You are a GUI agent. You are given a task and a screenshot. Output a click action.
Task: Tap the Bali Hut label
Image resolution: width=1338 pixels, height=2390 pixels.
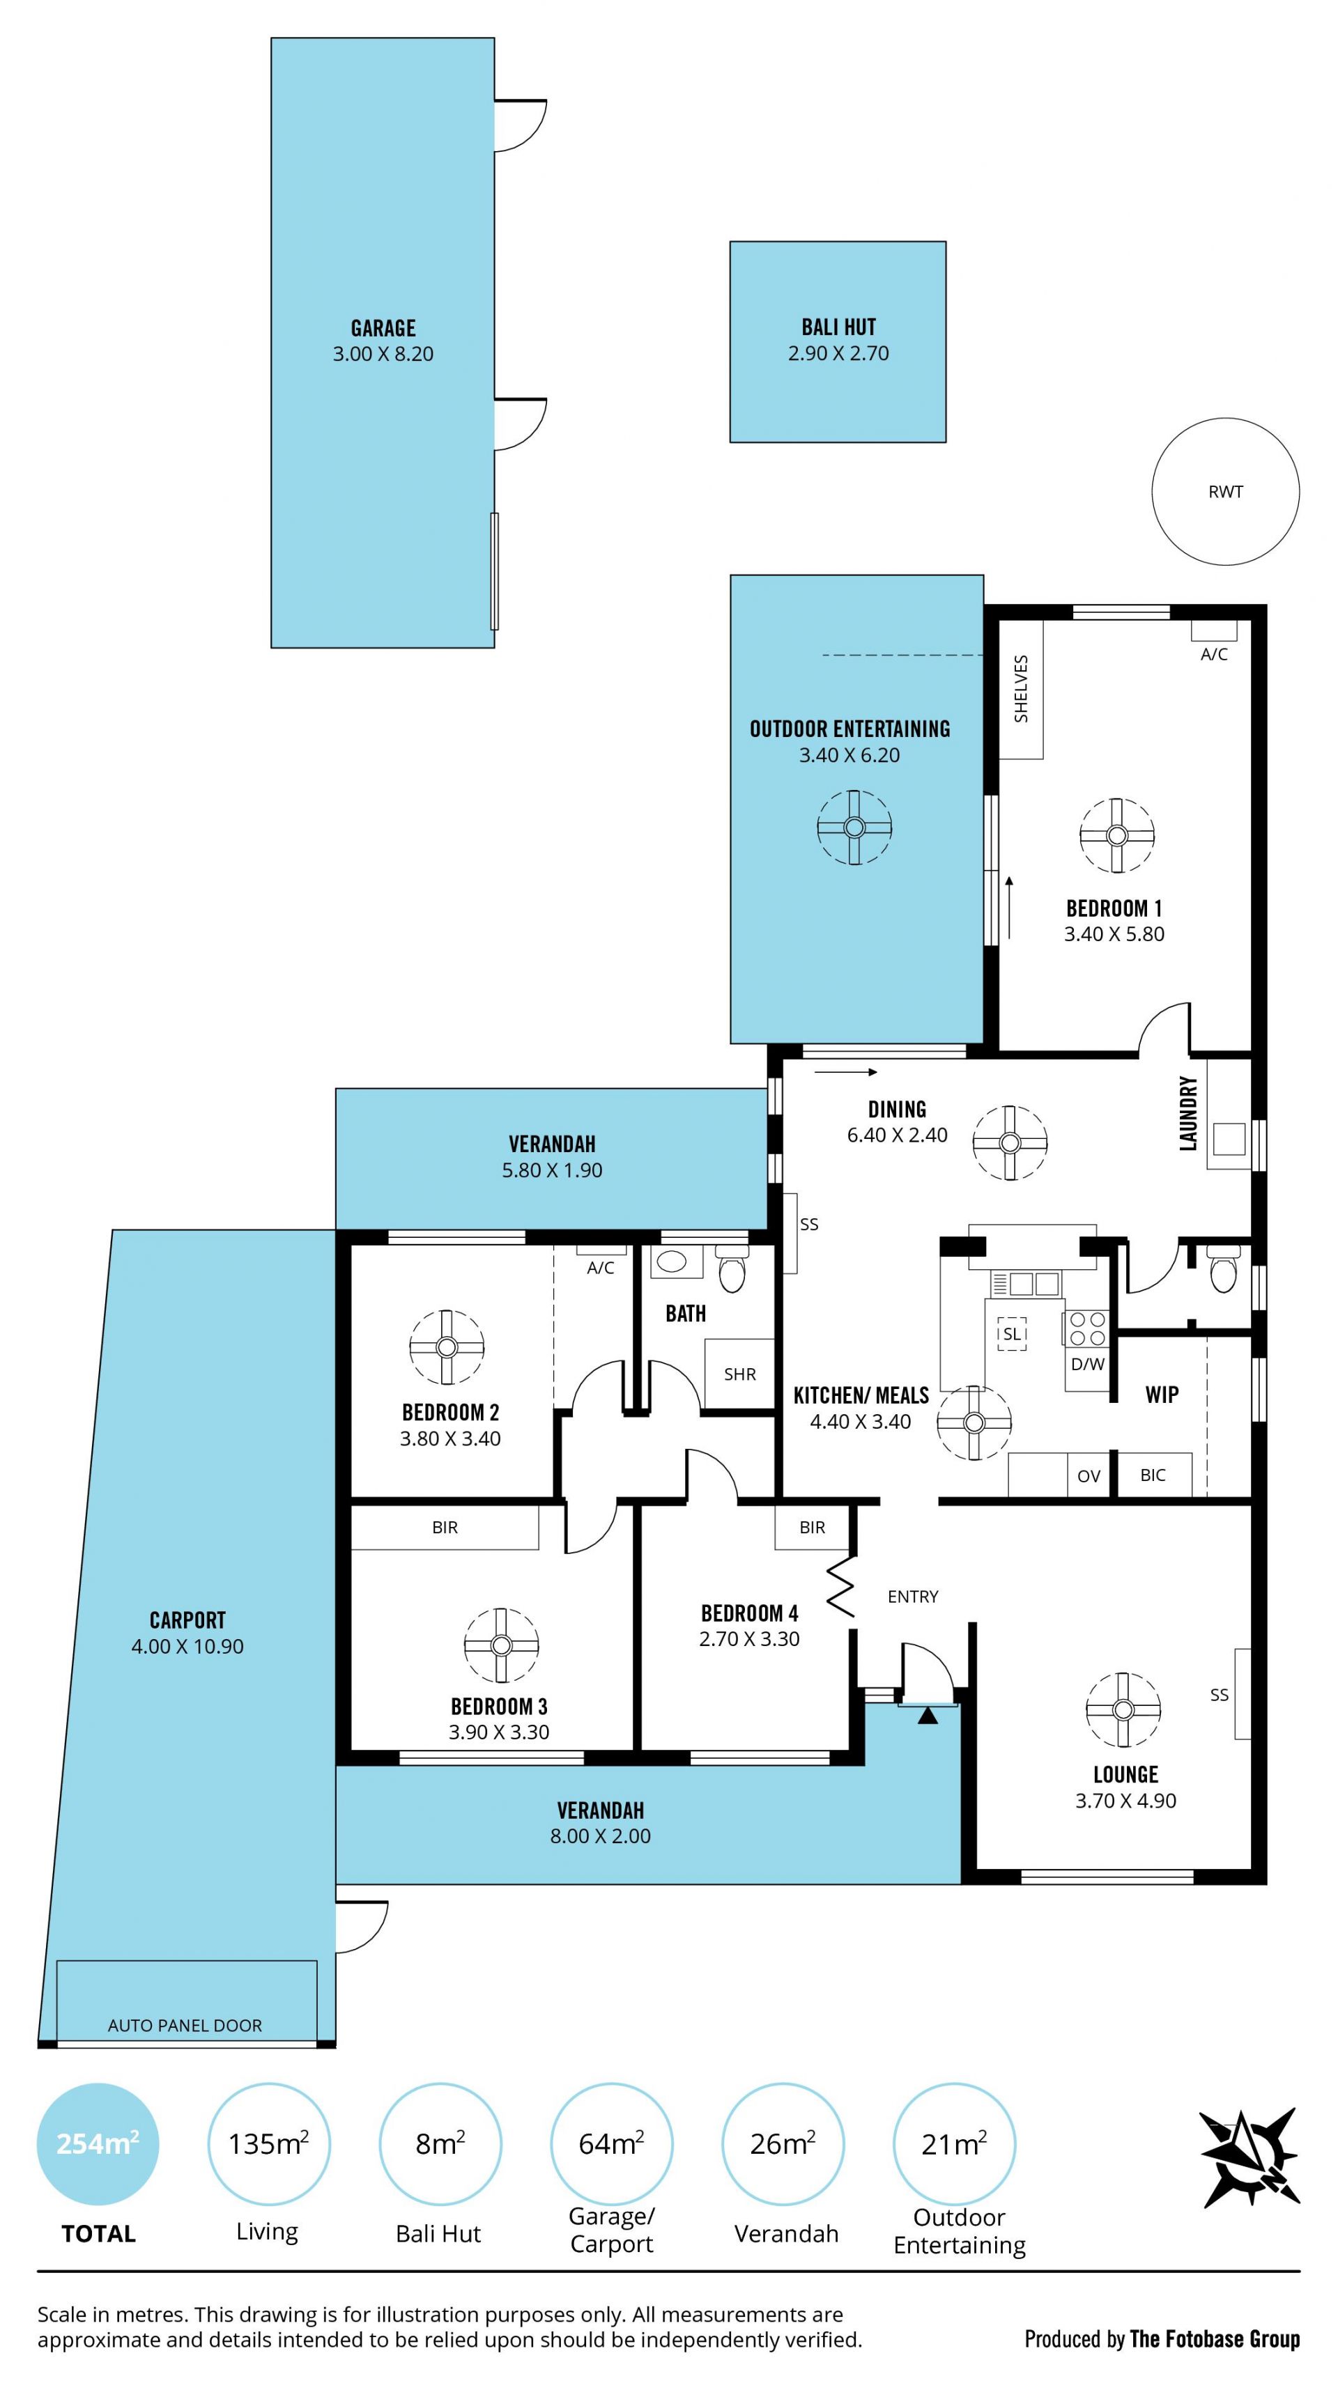[838, 327]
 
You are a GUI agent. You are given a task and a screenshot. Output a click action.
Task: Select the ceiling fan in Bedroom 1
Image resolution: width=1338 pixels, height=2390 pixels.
[1116, 835]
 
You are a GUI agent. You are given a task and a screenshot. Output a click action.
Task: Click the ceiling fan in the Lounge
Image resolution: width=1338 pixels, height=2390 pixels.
[1123, 1710]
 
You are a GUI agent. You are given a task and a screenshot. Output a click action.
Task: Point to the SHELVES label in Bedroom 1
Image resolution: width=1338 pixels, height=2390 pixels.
[1021, 688]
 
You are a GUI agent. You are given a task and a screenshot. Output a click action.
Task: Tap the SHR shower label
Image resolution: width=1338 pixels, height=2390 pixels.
[739, 1374]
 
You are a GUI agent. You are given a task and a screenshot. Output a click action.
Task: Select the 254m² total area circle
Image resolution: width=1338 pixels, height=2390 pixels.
[98, 2143]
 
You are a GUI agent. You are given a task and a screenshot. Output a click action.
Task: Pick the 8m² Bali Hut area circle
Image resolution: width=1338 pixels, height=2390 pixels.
[440, 2143]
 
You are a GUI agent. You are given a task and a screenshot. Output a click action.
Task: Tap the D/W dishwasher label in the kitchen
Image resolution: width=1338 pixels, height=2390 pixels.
[1087, 1364]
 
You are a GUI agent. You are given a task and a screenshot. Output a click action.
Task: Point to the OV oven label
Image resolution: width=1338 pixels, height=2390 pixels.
[1089, 1476]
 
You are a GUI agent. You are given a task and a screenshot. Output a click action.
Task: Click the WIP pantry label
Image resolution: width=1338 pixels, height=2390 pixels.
[1162, 1394]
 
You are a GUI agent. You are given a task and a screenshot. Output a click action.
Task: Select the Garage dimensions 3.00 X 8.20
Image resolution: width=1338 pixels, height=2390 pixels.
[383, 353]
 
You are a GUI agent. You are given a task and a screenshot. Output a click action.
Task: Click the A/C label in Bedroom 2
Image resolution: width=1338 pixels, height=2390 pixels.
[600, 1267]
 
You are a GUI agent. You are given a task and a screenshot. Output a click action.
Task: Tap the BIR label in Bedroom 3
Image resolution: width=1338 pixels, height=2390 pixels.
[445, 1527]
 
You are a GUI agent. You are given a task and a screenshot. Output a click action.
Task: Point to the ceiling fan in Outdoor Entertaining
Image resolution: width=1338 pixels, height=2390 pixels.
[854, 827]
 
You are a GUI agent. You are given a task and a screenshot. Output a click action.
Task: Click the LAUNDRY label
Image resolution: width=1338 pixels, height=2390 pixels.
[1187, 1113]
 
